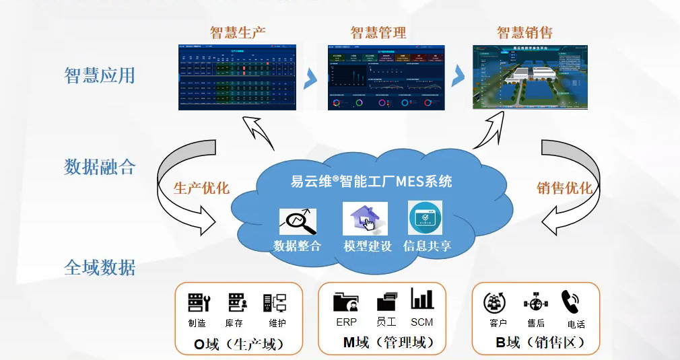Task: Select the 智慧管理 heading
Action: [378, 32]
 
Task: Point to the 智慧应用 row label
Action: [100, 75]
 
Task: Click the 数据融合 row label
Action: [100, 166]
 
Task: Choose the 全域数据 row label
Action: [100, 268]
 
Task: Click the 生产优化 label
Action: [201, 188]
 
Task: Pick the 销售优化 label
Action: [564, 188]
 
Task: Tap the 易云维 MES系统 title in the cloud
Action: [371, 181]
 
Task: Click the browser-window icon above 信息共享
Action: [426, 218]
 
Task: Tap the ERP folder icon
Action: [346, 301]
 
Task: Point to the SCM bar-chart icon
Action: [422, 299]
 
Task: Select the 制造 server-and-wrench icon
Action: [199, 302]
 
